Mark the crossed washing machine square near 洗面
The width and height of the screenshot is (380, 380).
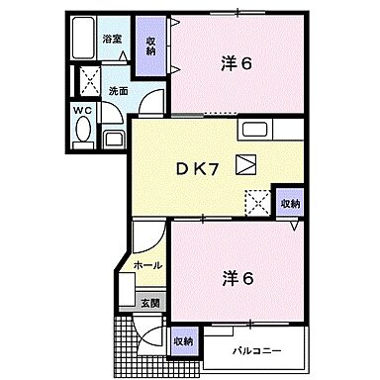point(88,80)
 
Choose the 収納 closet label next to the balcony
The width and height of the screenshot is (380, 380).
point(184,340)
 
